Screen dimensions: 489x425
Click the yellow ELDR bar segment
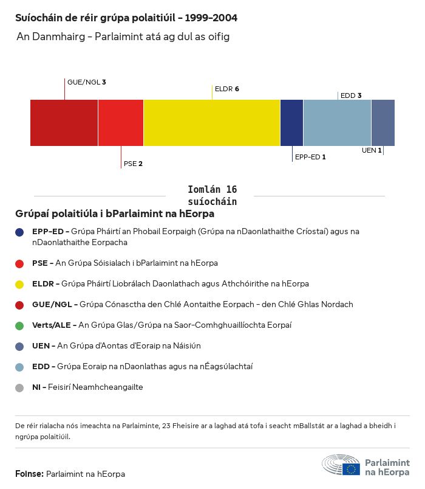[212, 123]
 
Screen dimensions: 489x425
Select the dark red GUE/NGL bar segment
[64, 123]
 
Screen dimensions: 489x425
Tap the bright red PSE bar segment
[121, 123]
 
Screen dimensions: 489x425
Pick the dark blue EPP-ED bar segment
[291, 123]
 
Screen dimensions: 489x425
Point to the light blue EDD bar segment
[337, 123]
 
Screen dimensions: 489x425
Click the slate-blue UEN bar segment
[383, 123]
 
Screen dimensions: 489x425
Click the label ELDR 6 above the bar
[227, 89]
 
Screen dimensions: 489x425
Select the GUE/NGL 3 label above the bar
[87, 81]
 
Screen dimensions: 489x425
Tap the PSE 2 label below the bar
[133, 164]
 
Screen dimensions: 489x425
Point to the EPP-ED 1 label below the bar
[310, 157]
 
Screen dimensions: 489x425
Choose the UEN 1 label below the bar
[372, 150]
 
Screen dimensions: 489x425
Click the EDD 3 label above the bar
[351, 95]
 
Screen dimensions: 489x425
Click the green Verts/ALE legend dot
[20, 325]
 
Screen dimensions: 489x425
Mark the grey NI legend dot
[20, 387]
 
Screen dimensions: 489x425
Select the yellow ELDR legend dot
[20, 284]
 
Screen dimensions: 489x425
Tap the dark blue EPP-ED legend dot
[20, 232]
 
